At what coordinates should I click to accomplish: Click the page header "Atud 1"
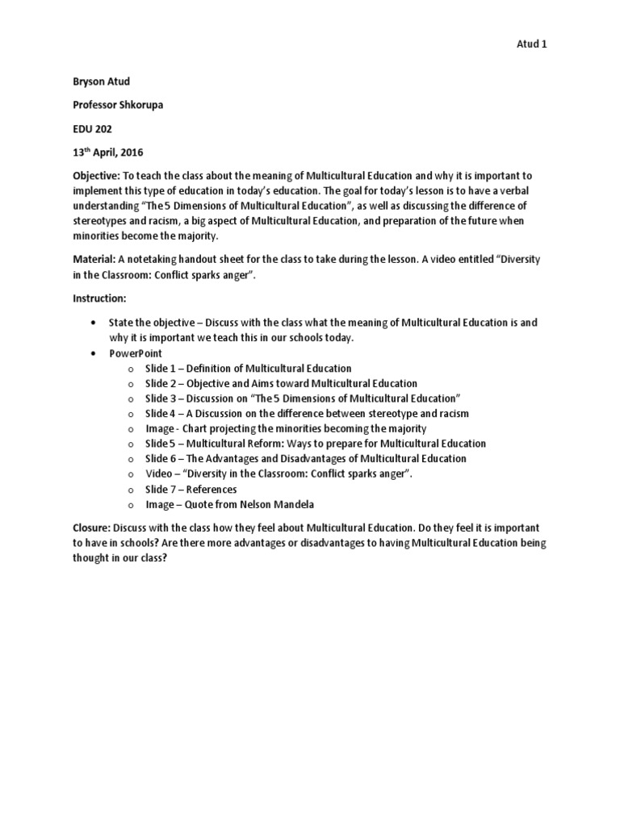[x=531, y=44]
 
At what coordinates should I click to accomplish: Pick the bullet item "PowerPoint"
[x=136, y=353]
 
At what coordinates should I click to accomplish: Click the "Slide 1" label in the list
[x=160, y=369]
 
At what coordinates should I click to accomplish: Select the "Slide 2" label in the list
[x=160, y=383]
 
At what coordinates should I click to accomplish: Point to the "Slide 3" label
[x=160, y=398]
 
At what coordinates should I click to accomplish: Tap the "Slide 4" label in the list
[x=160, y=414]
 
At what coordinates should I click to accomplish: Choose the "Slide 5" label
[x=159, y=444]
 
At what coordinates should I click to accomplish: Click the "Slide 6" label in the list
[x=160, y=459]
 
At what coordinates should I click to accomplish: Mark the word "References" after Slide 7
[x=212, y=490]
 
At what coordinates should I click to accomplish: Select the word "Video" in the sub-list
[x=159, y=474]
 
